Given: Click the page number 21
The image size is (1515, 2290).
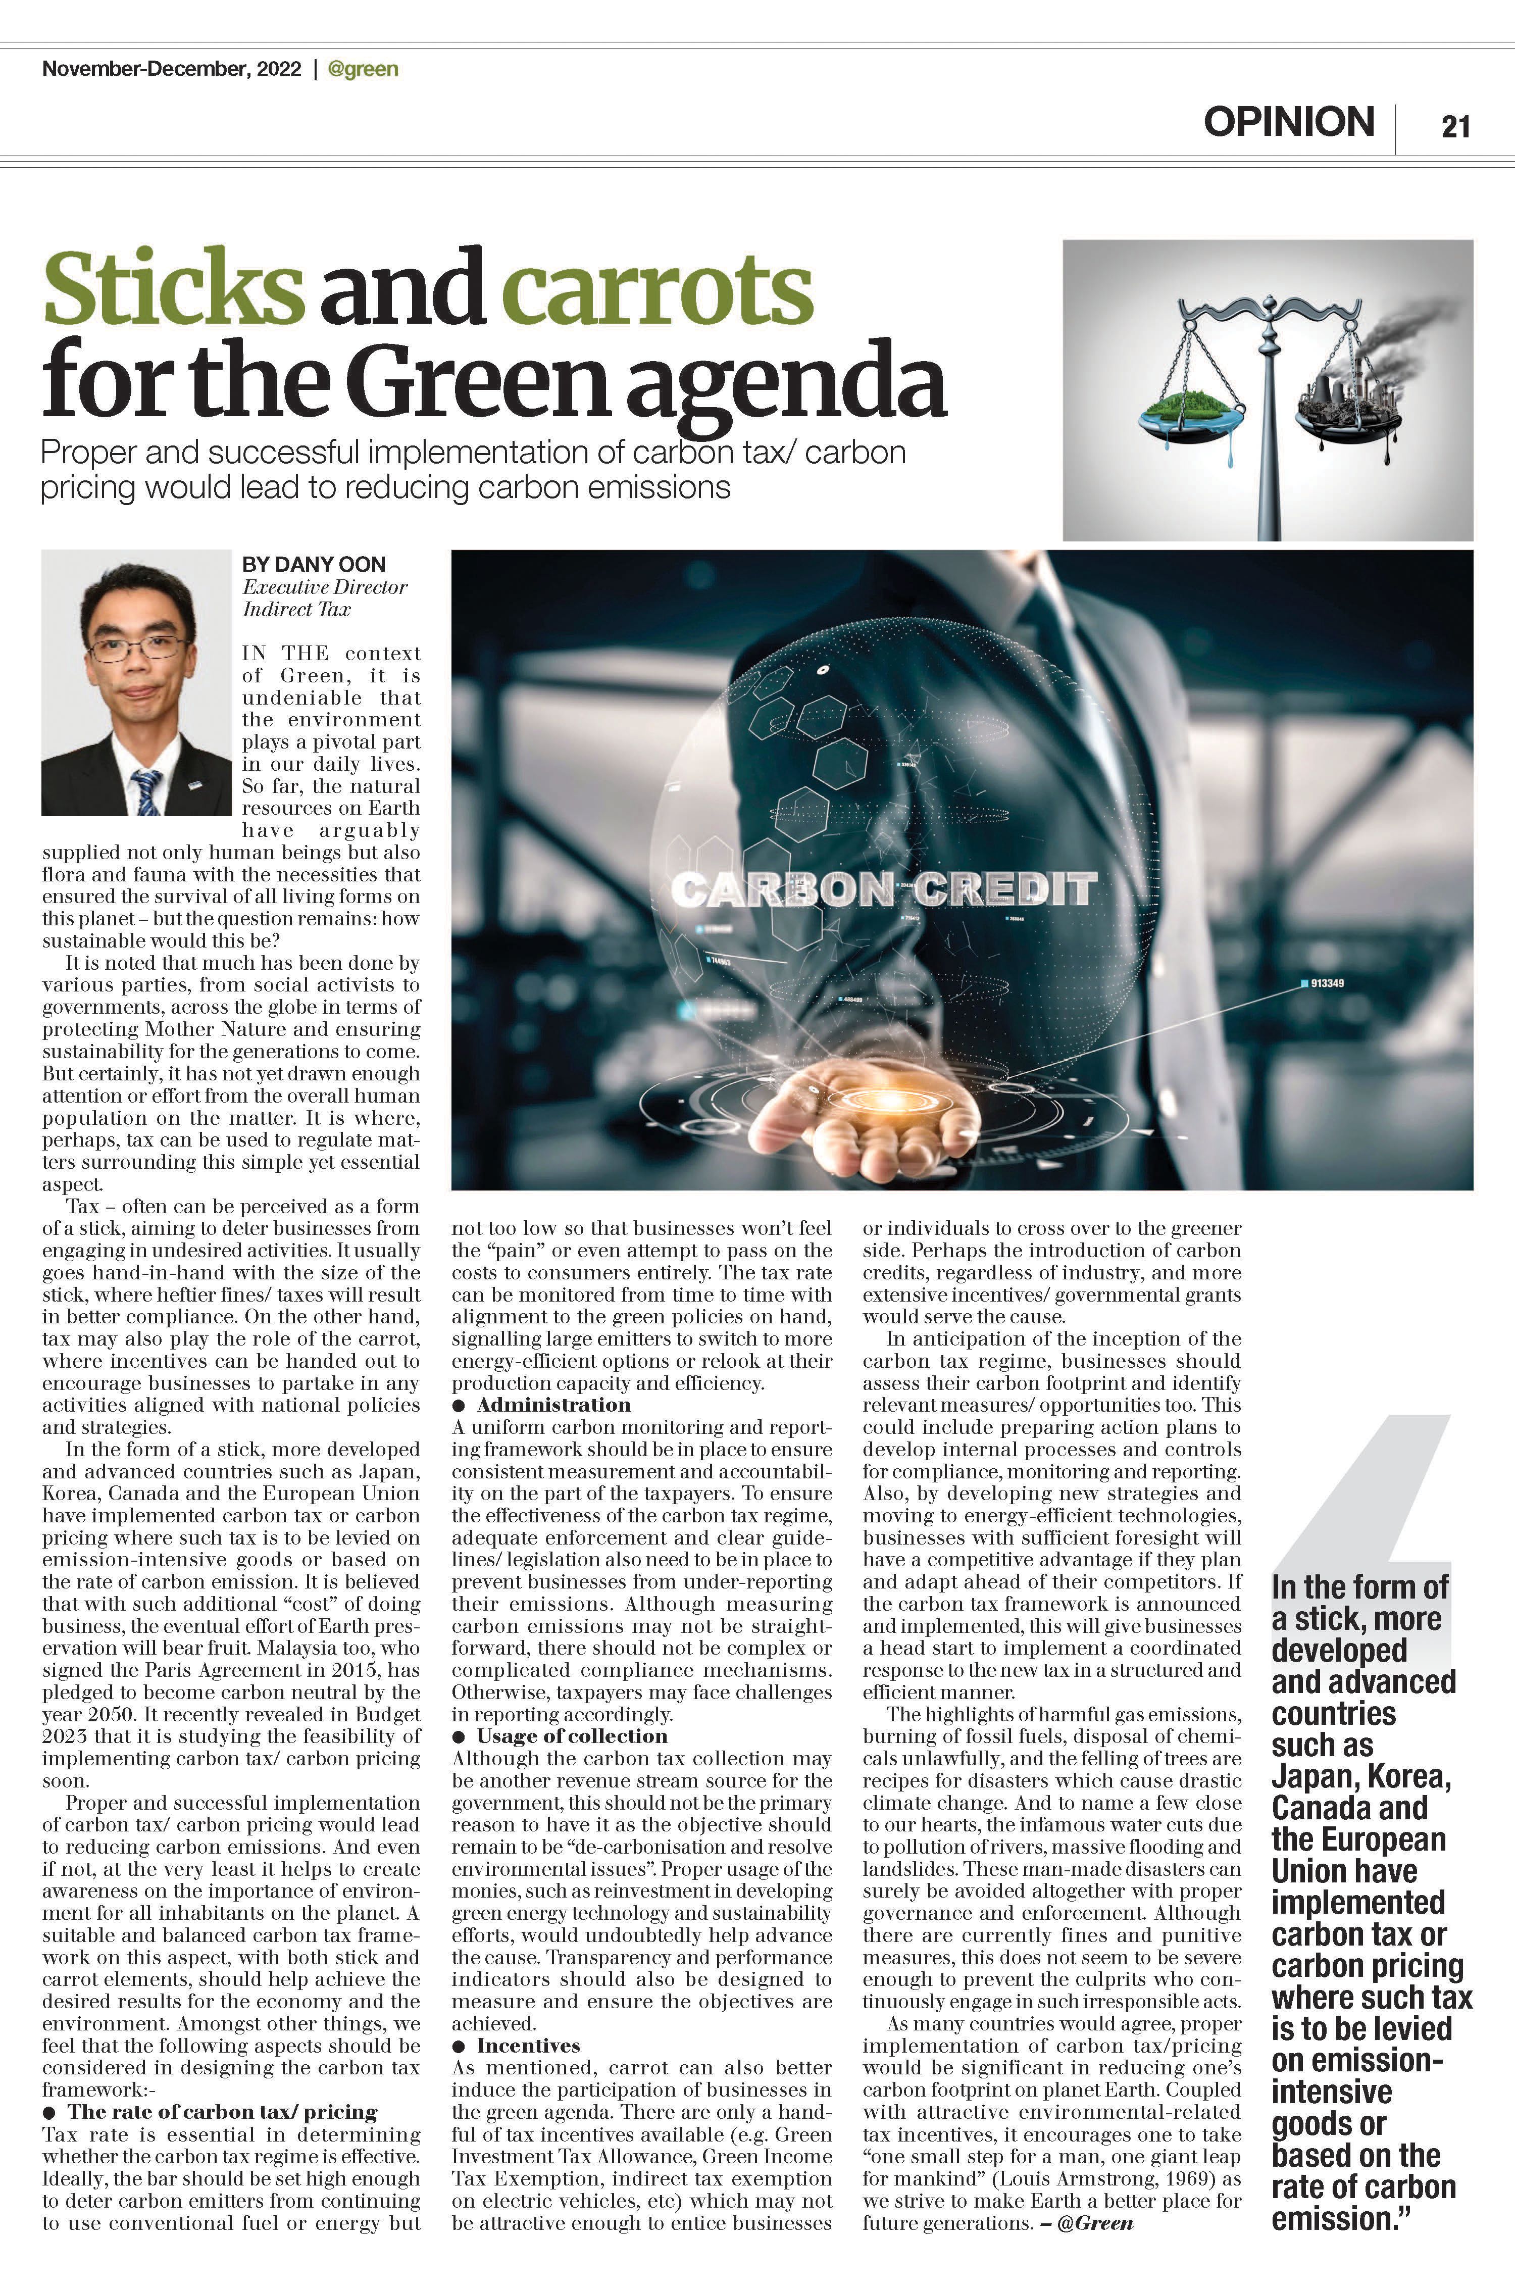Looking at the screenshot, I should [1455, 127].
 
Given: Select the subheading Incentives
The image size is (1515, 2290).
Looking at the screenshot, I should [528, 2046].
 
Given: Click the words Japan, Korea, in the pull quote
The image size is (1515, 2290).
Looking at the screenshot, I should [1360, 1776].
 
